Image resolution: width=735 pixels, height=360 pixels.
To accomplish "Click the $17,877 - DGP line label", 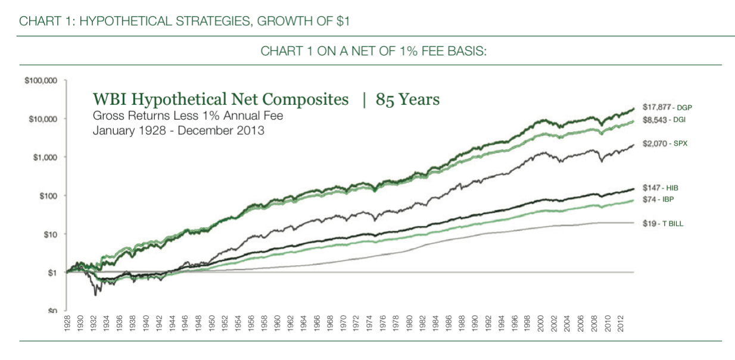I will point(668,108).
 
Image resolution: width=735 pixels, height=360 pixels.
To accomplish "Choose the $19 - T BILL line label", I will point(664,223).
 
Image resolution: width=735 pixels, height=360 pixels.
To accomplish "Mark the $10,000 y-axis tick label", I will point(43,119).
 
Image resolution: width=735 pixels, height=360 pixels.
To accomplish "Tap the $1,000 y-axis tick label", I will point(45,157).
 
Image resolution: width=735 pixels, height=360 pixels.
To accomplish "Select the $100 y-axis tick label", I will point(48,195).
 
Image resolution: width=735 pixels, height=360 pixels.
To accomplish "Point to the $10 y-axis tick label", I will point(49,234).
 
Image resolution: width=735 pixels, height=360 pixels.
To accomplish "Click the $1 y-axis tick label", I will point(52,272).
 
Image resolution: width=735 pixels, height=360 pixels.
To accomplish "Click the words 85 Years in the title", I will point(407,100).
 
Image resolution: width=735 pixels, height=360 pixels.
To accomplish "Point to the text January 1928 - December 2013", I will point(179,130).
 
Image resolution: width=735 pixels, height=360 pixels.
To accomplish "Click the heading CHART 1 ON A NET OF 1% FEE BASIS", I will point(373,51).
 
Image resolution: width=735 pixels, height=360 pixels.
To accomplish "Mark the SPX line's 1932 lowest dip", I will point(94,294).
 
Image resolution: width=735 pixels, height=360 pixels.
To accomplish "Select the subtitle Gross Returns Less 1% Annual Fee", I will point(188,116).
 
